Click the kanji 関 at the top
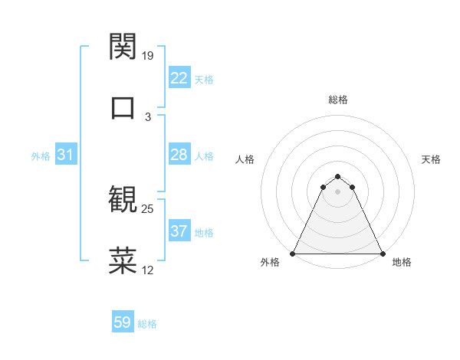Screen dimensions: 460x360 123,47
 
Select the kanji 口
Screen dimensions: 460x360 123,106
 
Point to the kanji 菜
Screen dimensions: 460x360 123,260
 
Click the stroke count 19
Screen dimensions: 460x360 148,56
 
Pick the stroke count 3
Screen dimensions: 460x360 148,116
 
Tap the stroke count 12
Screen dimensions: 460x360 148,270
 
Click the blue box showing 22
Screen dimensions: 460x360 179,78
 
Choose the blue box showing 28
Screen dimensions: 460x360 179,155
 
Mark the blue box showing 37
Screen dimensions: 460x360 179,231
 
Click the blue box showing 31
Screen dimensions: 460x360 65,155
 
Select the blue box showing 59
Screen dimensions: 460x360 122,322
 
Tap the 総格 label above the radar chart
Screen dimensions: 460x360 338,100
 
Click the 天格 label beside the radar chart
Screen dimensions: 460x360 432,159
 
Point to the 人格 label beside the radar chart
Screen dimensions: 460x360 245,159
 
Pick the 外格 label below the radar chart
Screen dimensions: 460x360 270,262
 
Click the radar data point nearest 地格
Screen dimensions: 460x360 383,253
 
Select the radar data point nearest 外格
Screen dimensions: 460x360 293,253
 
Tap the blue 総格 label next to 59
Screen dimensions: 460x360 147,324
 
